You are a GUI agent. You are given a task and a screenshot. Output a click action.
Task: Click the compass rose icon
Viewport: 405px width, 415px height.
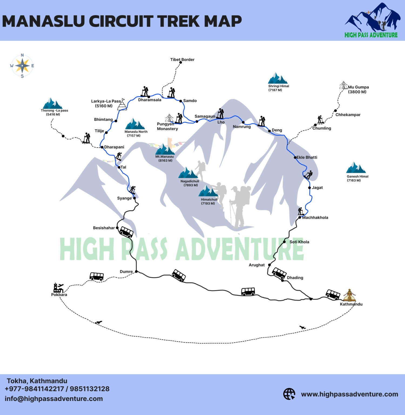pos(22,66)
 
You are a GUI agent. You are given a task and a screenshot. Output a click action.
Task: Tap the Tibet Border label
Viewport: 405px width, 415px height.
pos(182,60)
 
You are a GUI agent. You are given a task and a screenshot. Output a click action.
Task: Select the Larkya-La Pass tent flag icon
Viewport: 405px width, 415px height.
pos(122,104)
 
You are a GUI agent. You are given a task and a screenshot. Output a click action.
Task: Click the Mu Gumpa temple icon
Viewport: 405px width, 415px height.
pos(343,85)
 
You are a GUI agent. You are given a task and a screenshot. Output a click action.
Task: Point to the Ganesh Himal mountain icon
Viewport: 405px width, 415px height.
pos(356,168)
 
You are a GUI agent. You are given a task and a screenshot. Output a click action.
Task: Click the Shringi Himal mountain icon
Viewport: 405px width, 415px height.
pos(278,79)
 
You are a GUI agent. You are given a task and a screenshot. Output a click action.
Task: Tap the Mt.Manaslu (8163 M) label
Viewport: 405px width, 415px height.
pos(165,158)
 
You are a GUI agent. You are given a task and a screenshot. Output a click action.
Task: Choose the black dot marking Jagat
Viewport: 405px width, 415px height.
pos(309,188)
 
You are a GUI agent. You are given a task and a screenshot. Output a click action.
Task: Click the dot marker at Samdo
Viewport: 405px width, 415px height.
pos(181,101)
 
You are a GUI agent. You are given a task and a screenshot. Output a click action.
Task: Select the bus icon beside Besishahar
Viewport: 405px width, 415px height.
pos(126,232)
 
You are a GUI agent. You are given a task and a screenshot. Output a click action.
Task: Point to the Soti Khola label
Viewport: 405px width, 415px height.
pos(299,242)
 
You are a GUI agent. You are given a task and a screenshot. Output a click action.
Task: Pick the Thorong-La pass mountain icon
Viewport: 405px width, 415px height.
pos(52,104)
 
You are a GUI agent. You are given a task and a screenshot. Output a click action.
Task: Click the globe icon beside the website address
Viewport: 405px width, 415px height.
pos(289,394)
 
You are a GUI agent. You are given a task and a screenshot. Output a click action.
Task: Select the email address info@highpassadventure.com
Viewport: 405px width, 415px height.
pos(54,399)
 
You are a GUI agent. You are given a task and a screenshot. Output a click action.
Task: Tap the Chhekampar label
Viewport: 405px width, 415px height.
pos(348,115)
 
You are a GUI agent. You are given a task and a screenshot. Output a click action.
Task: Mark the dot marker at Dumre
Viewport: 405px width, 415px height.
pos(136,271)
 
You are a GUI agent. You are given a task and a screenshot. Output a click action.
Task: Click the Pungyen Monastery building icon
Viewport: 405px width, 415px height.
pos(169,118)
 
